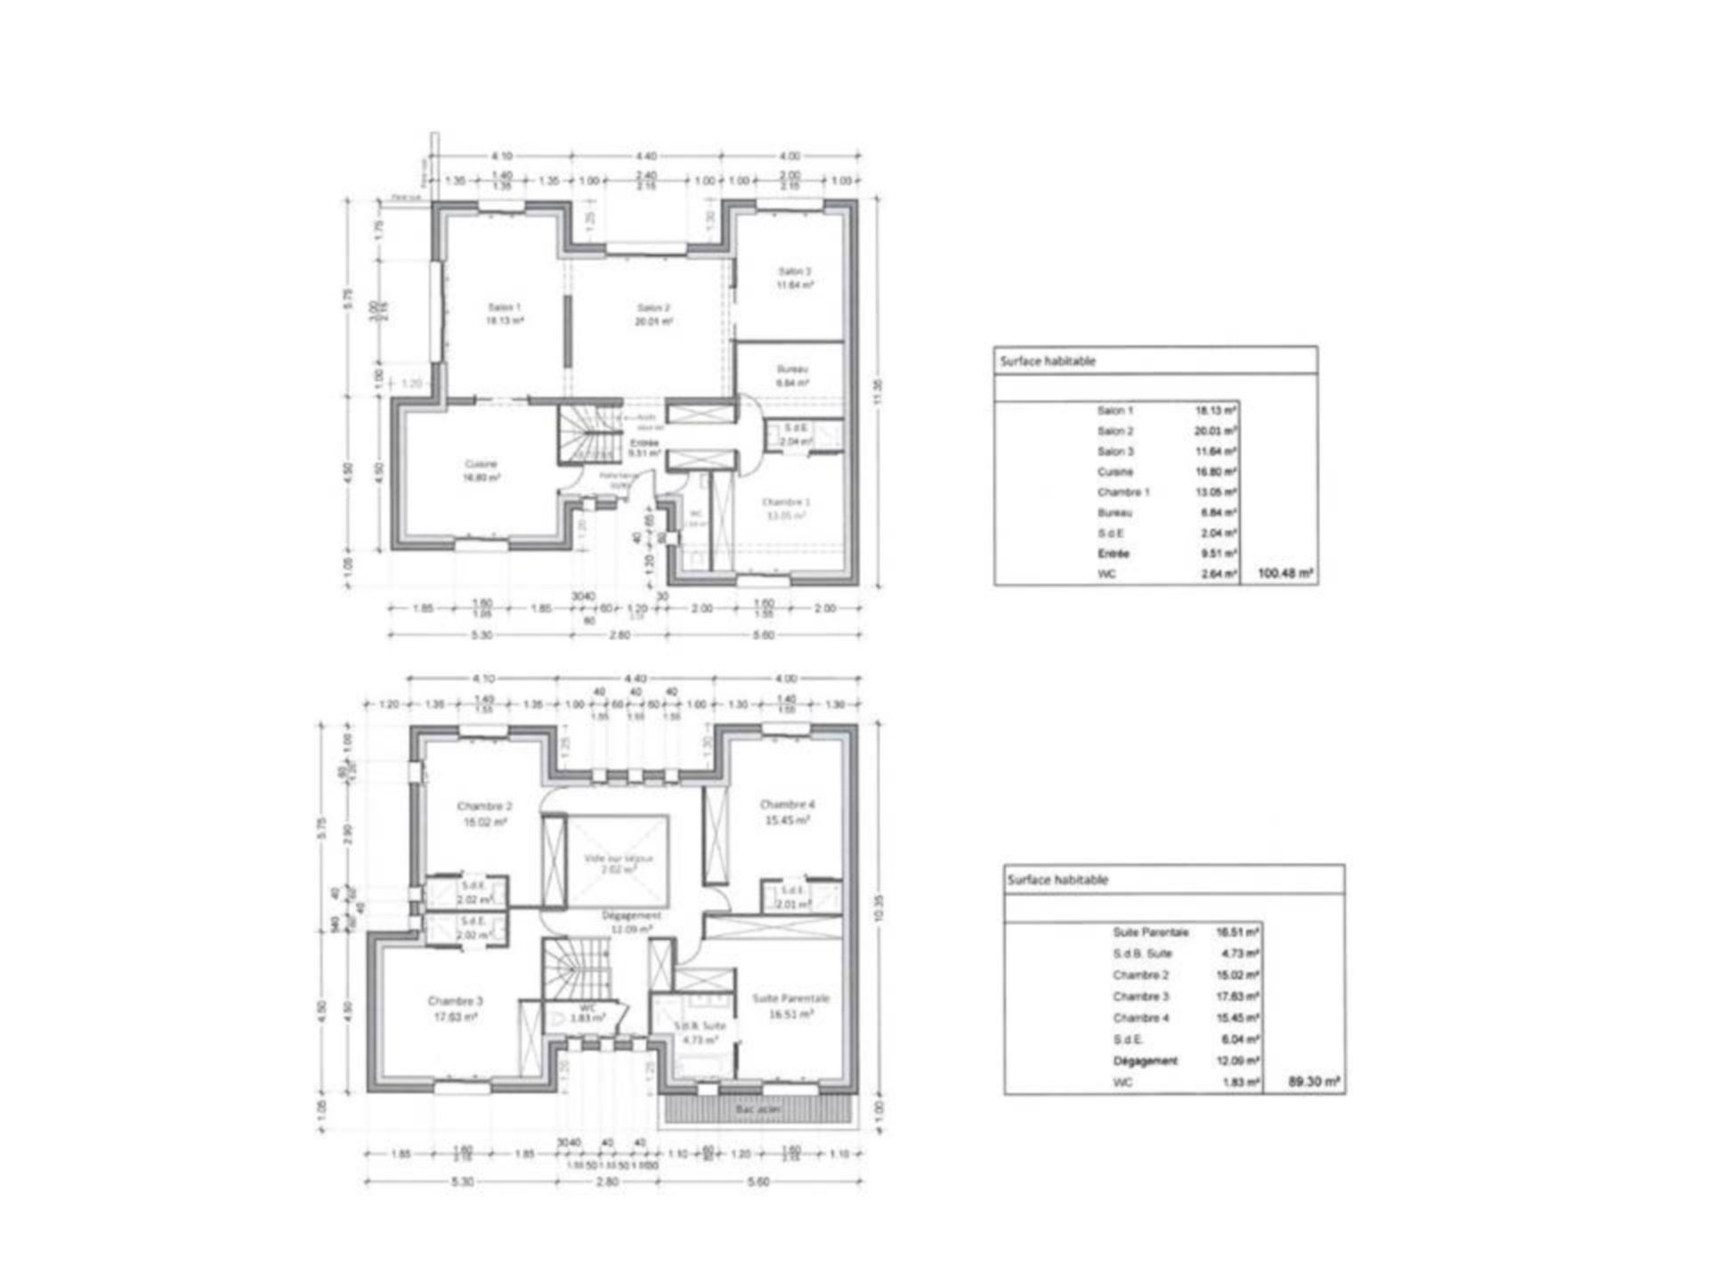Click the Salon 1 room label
coord(504,307)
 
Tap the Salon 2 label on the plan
coord(653,308)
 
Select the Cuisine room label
coord(481,464)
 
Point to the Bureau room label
coord(792,369)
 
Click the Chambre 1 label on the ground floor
coord(785,502)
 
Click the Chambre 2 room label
coord(484,807)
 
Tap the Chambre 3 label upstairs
coord(455,1001)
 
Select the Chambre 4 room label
coord(787,805)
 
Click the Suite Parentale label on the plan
coord(790,999)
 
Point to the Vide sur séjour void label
coord(618,858)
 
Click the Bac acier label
coord(757,1110)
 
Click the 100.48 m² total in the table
coord(1285,573)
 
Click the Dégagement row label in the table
coord(1145,1061)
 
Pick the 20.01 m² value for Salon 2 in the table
coord(1215,431)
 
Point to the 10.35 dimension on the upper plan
coord(879,908)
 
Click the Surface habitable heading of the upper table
coord(1048,361)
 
